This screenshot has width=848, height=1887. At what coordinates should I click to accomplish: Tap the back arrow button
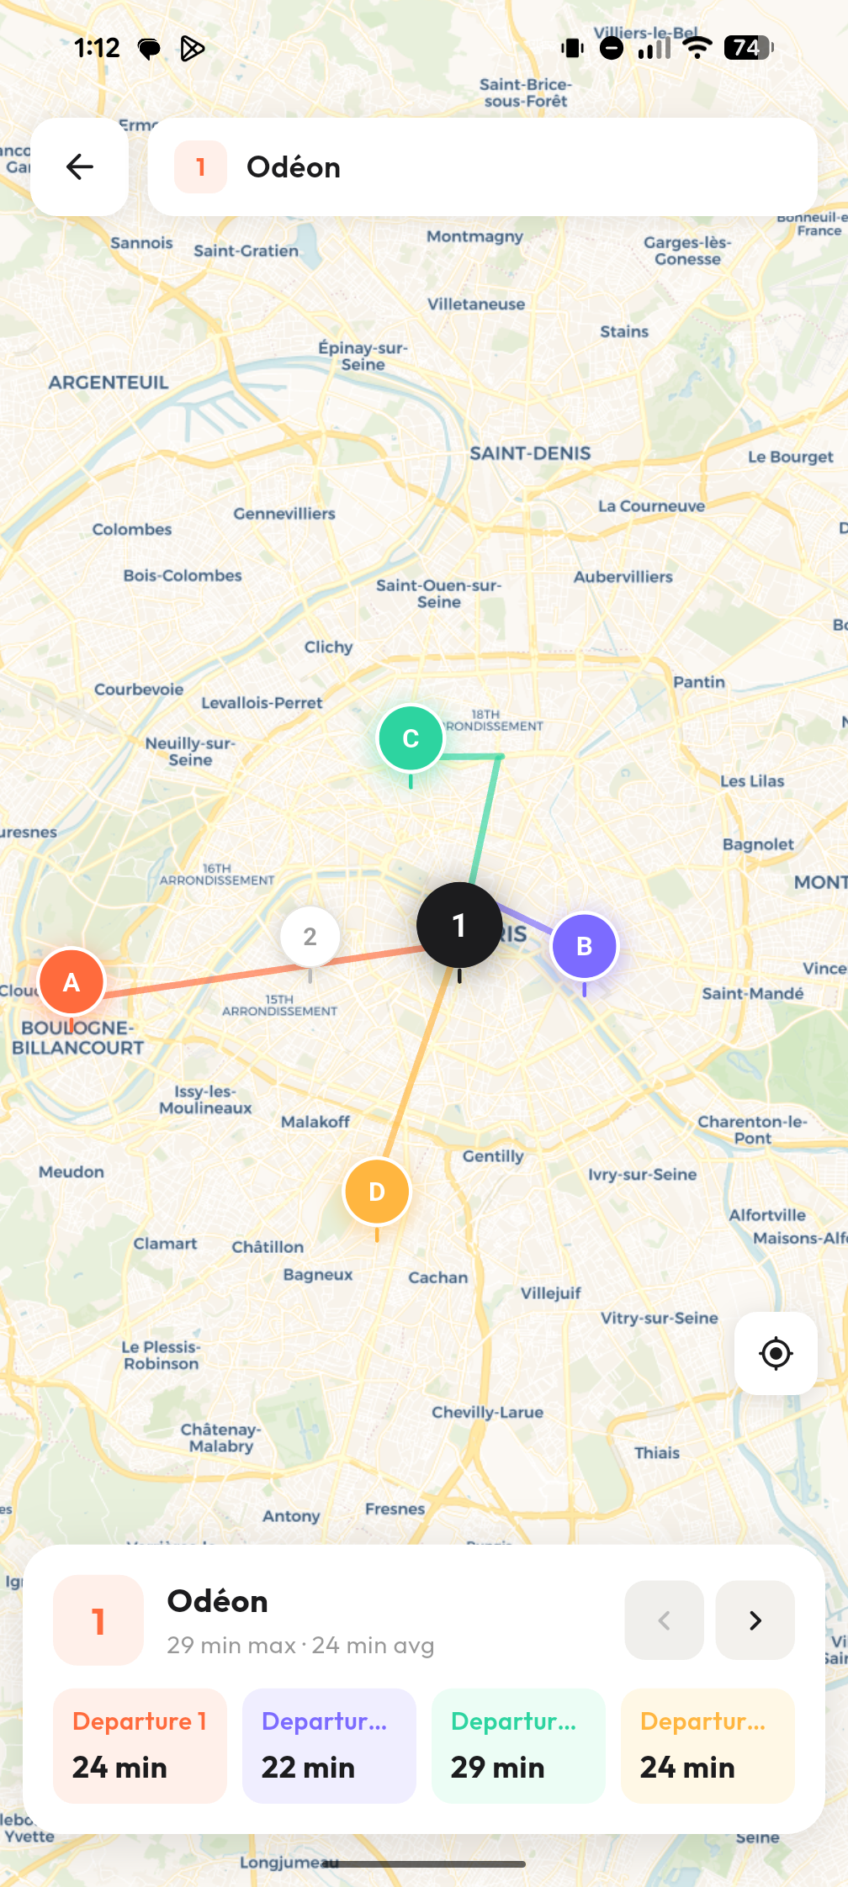tap(80, 166)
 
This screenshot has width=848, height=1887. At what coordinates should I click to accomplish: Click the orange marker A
tap(72, 981)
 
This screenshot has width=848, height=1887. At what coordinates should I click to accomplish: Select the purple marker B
tap(584, 946)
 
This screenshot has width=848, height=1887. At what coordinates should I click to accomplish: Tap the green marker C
tap(411, 738)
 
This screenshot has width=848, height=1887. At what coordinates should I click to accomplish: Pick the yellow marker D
tap(377, 1192)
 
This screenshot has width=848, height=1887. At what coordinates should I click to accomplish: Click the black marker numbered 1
tap(458, 925)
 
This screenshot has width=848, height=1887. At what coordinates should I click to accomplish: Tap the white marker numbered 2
tap(310, 936)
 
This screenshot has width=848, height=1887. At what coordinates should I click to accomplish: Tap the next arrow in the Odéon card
tap(755, 1620)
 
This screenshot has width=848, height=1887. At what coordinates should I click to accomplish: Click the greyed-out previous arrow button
tap(664, 1620)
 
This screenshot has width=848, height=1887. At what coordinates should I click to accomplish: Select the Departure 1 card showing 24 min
tap(140, 1746)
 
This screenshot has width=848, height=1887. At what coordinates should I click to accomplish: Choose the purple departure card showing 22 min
tap(329, 1746)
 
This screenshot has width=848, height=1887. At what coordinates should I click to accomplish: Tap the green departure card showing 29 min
tap(518, 1746)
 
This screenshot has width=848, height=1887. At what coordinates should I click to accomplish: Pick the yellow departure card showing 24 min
tap(708, 1746)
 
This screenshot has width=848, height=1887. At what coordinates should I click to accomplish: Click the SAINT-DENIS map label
tap(530, 453)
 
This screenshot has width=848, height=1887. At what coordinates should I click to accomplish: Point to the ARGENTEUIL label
tap(109, 383)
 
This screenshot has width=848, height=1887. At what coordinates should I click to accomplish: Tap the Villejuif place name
tap(550, 1292)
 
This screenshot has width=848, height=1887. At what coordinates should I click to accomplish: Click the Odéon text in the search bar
tap(294, 167)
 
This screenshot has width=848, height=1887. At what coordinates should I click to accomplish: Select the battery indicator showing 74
tap(748, 48)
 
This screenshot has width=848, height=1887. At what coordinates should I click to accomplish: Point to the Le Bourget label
tap(790, 457)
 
